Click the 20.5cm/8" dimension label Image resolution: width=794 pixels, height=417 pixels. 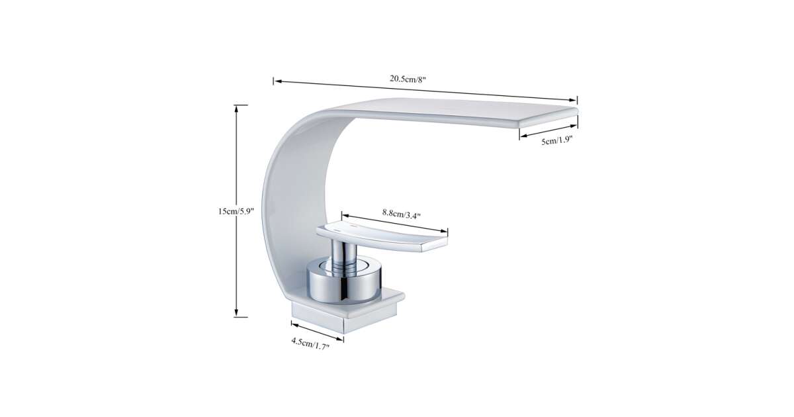click(408, 79)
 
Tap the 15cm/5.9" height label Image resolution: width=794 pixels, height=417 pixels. click(236, 212)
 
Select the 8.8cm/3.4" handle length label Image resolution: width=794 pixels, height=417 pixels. click(401, 214)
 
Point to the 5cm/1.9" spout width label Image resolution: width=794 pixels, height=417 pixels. click(557, 141)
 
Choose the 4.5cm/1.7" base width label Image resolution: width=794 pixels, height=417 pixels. click(310, 344)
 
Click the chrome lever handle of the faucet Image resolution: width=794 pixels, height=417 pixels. click(382, 238)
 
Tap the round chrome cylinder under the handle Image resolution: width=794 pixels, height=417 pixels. click(344, 281)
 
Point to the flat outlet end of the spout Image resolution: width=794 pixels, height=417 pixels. click(549, 118)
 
